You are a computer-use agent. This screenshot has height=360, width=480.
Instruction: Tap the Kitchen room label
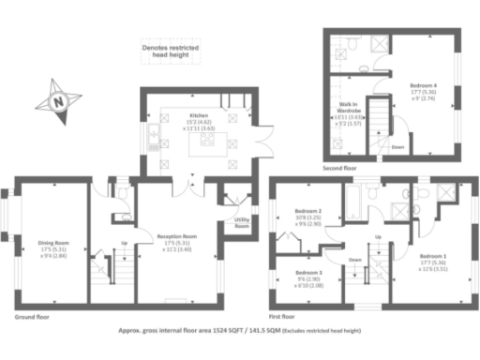[x=199, y=113]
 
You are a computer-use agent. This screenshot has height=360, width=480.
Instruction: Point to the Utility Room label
[x=241, y=222]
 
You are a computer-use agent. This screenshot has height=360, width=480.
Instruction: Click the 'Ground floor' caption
[x=32, y=317]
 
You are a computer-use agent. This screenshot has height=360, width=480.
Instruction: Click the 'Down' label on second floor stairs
[x=397, y=146]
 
